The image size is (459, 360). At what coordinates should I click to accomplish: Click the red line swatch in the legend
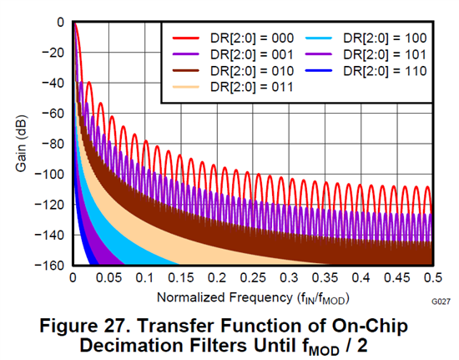pos(186,38)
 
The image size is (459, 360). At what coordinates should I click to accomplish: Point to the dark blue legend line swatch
pos(319,71)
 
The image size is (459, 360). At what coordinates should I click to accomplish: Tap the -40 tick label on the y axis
pos(53,84)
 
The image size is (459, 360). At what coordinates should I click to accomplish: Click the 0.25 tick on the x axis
pos(253,277)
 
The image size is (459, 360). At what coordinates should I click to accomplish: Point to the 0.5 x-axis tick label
pos(433,277)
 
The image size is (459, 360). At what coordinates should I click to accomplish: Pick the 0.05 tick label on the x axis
pos(108,277)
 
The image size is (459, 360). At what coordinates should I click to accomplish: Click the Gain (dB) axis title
pos(22,144)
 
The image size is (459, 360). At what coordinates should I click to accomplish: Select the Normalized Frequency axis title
pos(253,298)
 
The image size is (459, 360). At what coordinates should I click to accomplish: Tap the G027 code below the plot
pos(441,302)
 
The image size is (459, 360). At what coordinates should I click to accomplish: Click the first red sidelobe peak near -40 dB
pos(88,83)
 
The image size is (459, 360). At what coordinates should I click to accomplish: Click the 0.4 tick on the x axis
pos(361,277)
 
